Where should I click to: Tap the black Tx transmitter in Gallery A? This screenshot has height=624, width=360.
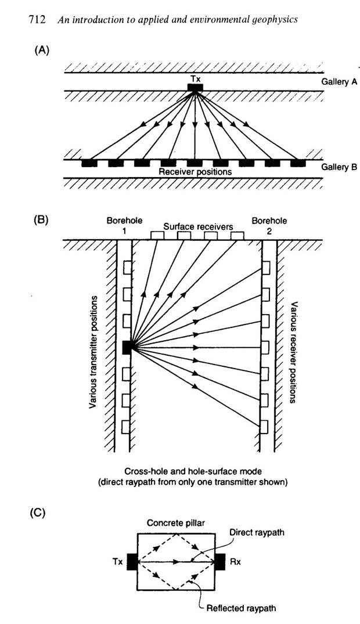pos(195,88)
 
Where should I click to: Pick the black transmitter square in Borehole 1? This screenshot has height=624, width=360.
pos(128,347)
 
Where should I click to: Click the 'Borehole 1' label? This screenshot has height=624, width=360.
pos(121,226)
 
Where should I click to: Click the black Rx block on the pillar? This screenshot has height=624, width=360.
pos(220,562)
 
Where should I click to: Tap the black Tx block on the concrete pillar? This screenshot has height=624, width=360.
pos(132,562)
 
